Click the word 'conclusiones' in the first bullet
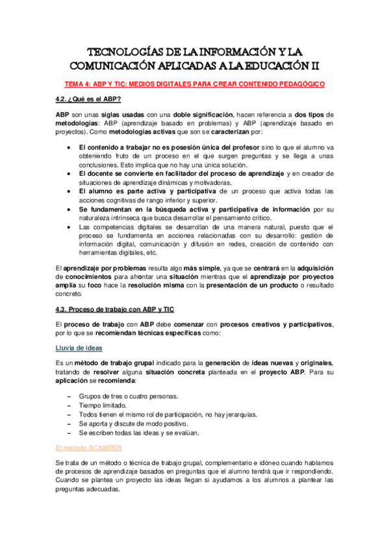click(x=99, y=165)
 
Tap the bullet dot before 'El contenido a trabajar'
click(x=69, y=147)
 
